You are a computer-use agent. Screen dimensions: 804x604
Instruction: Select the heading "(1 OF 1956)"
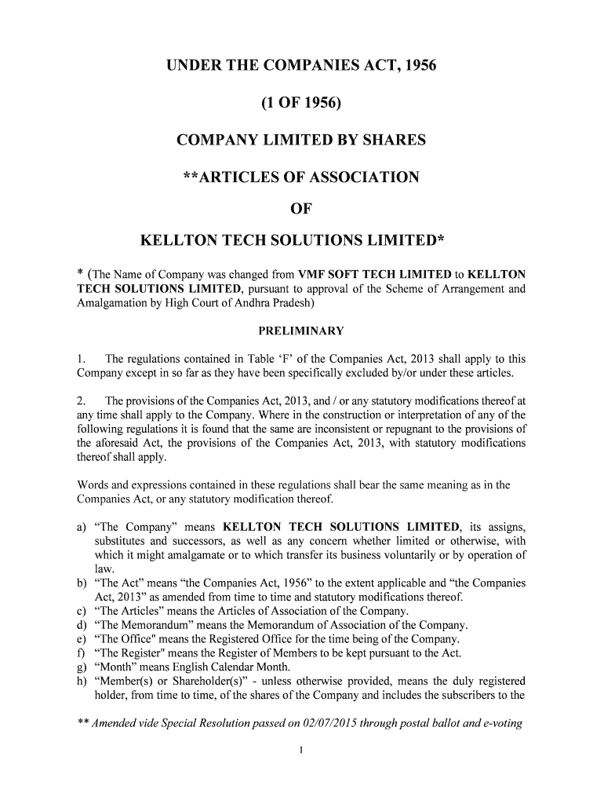tap(301, 103)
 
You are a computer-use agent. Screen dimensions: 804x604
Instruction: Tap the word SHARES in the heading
tap(393, 141)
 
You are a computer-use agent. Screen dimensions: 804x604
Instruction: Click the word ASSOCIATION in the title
tap(357, 177)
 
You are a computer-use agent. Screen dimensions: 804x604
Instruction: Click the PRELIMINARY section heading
tap(301, 330)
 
